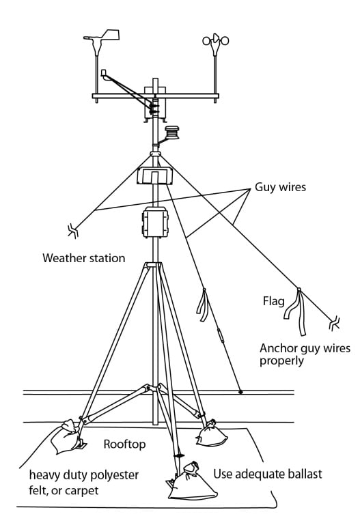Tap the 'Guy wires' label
280,187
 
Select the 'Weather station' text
84,258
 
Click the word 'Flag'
274,301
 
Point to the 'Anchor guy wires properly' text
305,354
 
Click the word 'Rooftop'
124,444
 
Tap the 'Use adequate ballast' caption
268,474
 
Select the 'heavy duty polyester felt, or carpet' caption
84,483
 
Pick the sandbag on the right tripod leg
211,434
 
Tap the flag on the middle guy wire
203,304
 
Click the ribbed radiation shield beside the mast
171,132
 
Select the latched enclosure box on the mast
155,222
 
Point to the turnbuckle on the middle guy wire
221,335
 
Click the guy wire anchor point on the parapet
240,391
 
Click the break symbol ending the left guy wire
73,231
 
